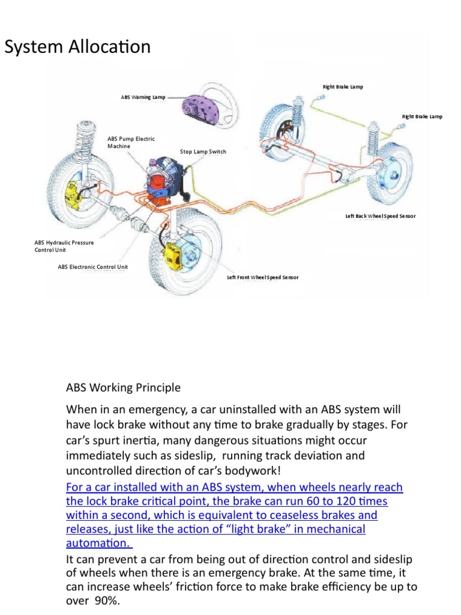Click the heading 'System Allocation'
[77, 47]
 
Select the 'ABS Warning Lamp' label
[143, 96]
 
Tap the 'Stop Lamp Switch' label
[203, 152]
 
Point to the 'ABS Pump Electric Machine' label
[131, 142]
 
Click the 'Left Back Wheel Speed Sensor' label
[380, 216]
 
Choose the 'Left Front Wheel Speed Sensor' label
[262, 277]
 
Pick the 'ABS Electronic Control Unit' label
[92, 267]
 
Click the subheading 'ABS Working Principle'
[123, 387]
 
